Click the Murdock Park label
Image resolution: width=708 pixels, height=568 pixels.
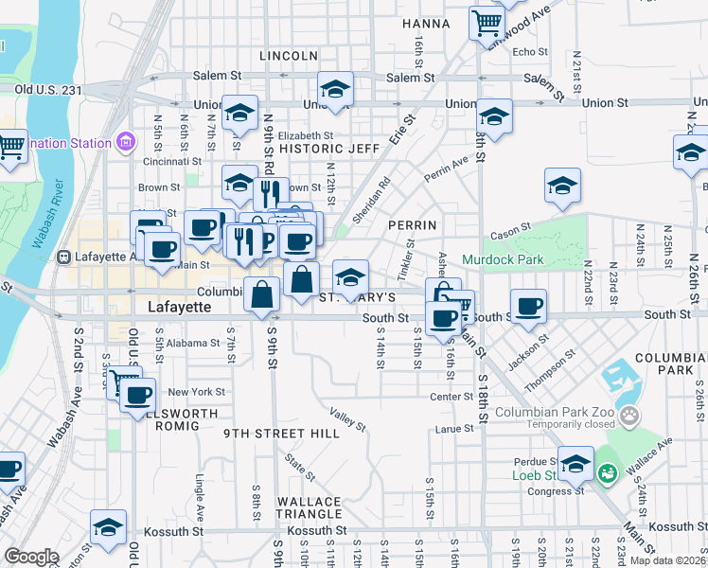click(503, 259)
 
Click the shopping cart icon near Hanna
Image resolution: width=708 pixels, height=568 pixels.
click(487, 22)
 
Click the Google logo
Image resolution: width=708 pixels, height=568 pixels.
click(31, 557)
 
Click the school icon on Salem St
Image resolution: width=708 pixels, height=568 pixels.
click(335, 88)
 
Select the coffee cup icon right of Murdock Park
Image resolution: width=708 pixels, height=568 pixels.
click(529, 305)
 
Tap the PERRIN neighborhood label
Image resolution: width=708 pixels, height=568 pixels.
click(412, 225)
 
